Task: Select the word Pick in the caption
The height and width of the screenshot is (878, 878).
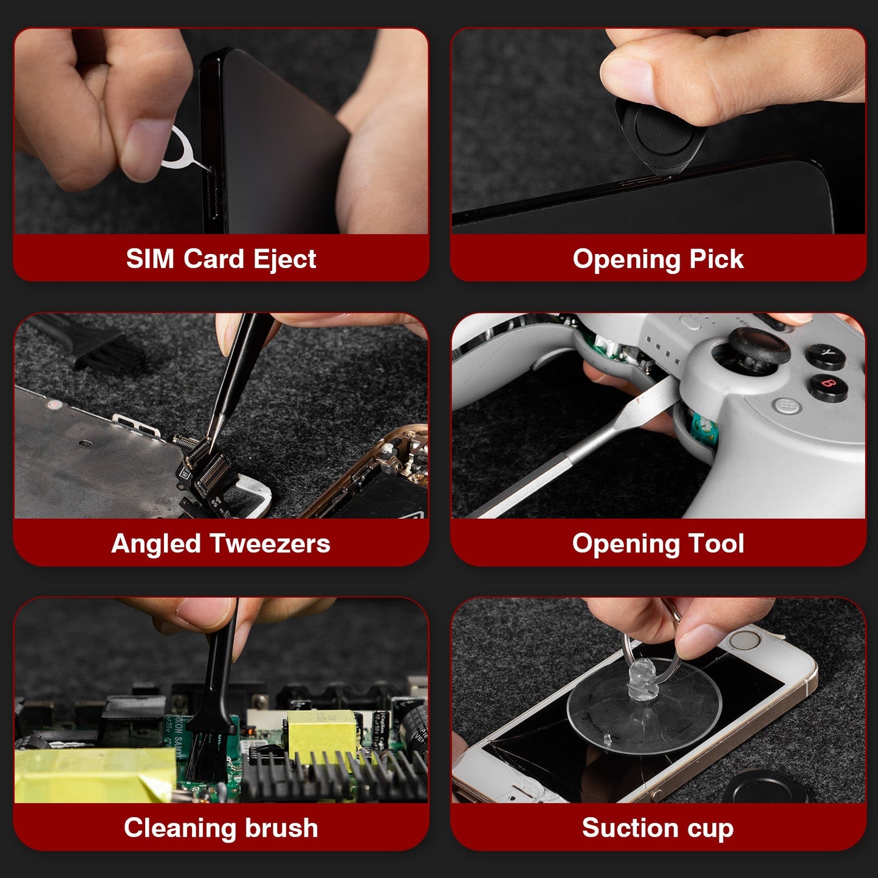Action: (716, 259)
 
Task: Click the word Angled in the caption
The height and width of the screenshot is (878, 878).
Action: (156, 543)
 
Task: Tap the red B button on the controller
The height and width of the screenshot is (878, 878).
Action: (828, 385)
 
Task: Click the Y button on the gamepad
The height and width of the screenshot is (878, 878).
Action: (826, 354)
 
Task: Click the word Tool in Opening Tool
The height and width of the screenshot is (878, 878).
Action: (716, 543)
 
